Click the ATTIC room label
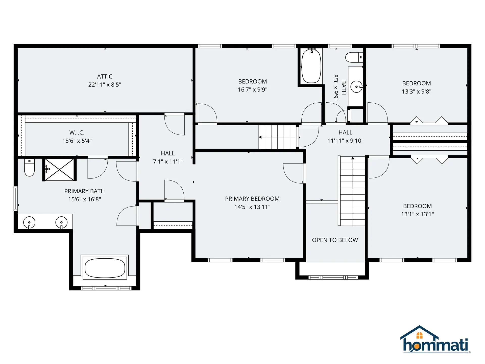point(105,76)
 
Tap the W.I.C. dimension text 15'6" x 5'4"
point(77,141)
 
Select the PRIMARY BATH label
point(84,191)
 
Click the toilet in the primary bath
point(29,167)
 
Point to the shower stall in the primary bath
point(59,170)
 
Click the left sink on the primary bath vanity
point(29,222)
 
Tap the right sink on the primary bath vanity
point(61,222)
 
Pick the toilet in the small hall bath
point(354,57)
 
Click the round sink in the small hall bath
point(356,87)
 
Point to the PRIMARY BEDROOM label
point(252,199)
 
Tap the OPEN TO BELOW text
point(335,240)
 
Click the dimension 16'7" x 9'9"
point(253,89)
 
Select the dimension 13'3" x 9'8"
point(417,92)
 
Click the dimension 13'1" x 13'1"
point(417,214)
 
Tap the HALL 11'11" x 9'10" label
point(345,136)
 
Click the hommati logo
point(435,339)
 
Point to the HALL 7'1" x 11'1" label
point(168,157)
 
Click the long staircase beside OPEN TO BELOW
point(352,191)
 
